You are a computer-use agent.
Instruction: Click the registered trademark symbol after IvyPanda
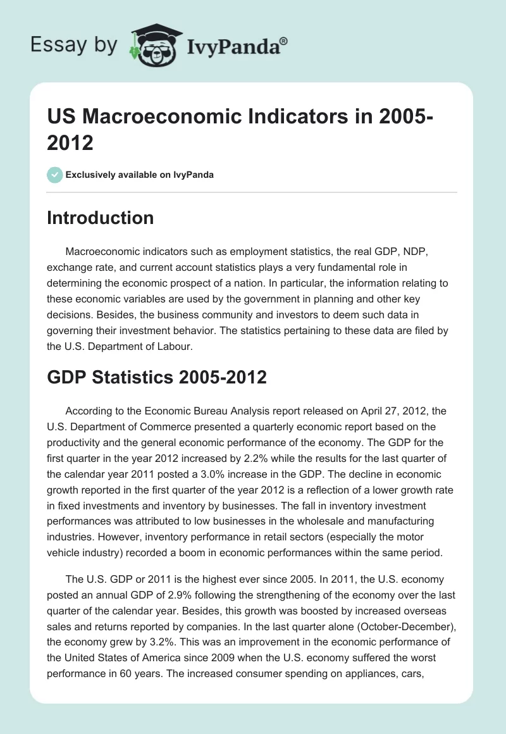284,41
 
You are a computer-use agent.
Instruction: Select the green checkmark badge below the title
54,175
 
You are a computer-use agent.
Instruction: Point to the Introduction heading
101,218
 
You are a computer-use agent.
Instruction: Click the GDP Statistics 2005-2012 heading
157,378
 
